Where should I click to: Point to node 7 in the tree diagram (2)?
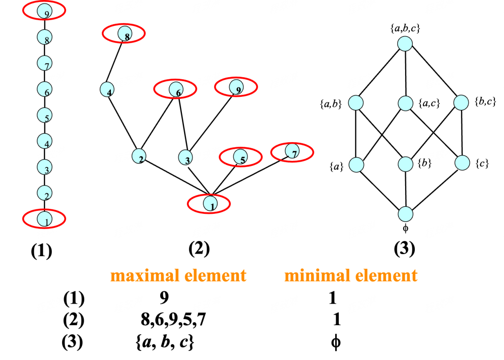pos(291,151)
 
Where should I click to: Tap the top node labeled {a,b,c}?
pos(405,43)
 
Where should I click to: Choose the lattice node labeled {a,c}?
pos(406,103)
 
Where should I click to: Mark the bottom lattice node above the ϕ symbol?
pos(405,214)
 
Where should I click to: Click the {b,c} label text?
pos(485,101)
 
